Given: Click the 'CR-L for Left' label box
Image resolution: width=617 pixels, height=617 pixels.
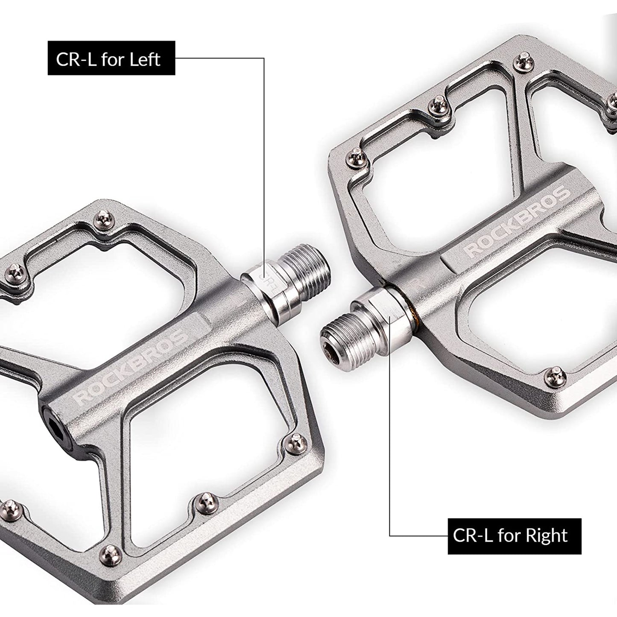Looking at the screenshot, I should (111, 58).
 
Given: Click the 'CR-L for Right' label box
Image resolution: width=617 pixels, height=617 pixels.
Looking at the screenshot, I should (514, 536).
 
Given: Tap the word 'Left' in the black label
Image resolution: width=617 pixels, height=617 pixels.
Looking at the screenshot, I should (145, 58).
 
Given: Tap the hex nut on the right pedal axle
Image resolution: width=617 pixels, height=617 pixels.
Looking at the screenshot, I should (375, 305).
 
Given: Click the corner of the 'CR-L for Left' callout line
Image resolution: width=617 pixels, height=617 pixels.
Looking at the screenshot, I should (264, 58).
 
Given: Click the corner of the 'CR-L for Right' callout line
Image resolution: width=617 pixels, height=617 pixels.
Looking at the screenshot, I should (390, 536).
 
